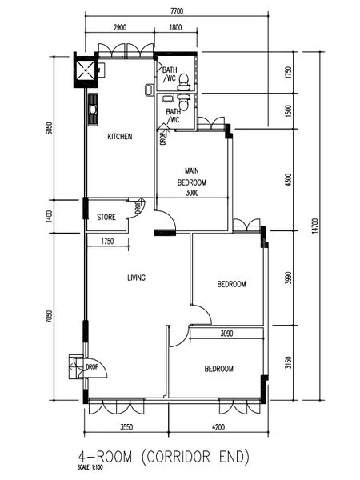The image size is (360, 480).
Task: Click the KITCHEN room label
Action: point(119,137)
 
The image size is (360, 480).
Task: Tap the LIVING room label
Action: point(136,278)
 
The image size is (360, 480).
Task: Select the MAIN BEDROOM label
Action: point(192,177)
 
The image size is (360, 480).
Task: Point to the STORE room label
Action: point(106,217)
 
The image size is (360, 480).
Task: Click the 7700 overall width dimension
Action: point(178,11)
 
